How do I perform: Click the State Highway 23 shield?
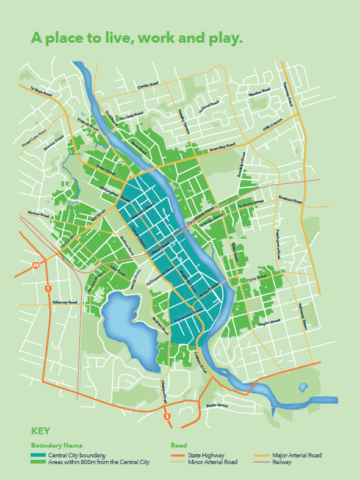coord(36,265)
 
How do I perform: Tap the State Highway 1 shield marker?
coord(48,288)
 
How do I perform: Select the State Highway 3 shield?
coord(167,416)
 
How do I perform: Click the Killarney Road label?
coord(64,302)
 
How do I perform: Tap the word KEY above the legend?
coord(40,431)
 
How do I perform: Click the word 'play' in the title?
coord(224,38)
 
